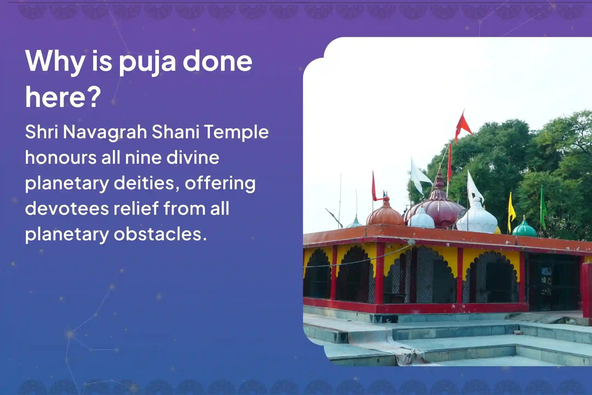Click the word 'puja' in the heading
point(147,63)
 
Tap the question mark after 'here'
point(93,97)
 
